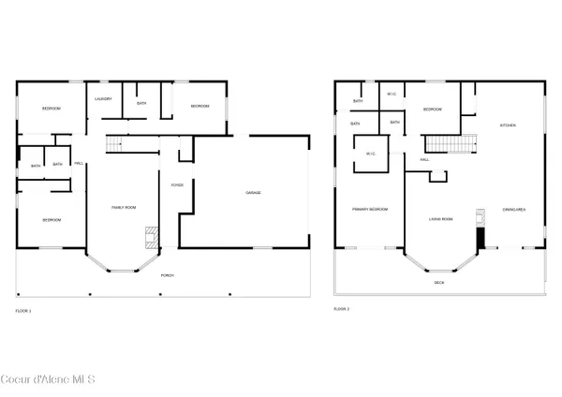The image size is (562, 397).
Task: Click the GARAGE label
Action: click(253, 193)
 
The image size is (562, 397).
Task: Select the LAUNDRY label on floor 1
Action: click(103, 98)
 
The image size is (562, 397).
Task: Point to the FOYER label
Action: click(176, 184)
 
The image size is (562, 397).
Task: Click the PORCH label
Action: click(168, 275)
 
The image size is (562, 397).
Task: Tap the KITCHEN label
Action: click(508, 125)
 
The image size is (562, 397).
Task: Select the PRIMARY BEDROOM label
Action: click(370, 209)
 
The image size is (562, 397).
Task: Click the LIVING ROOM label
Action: click(441, 219)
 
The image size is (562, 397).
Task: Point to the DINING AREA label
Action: click(513, 210)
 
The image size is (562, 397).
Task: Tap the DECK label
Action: click(439, 282)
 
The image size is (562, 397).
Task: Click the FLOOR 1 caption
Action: click(23, 310)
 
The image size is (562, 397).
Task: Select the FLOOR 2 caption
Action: click(342, 308)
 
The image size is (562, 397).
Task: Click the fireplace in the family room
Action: click(149, 236)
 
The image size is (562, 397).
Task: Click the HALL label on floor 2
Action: click(425, 160)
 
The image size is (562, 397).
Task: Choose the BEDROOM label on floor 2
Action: click(432, 110)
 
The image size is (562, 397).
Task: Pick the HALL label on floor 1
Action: click(80, 165)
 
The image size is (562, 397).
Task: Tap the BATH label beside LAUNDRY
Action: click(141, 103)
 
